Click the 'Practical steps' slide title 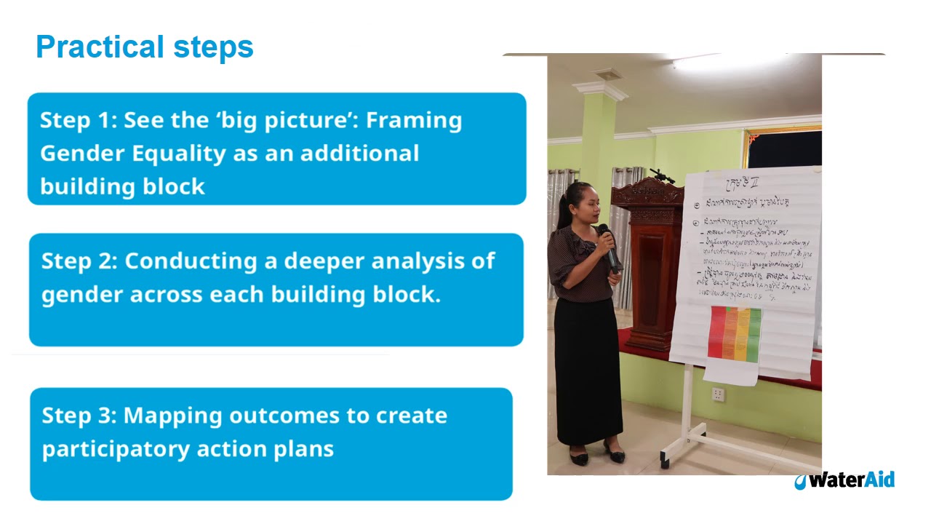point(144,47)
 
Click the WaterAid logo point(844,480)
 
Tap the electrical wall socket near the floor point(718,394)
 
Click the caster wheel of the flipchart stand point(665,463)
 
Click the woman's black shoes point(596,456)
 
